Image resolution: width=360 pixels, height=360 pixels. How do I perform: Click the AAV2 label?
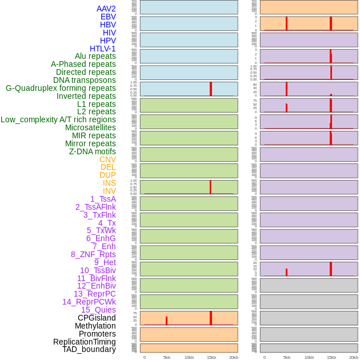(106, 9)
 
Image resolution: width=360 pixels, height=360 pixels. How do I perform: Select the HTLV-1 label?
(103, 49)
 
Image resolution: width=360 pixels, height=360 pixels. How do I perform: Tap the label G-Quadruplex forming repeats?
(61, 88)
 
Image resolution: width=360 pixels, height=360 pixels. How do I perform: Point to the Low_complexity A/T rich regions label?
(58, 119)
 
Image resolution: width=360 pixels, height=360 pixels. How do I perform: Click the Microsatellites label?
(90, 127)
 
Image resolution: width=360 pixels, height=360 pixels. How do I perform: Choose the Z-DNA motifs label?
(93, 151)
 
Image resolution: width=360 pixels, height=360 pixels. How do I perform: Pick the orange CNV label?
(107, 159)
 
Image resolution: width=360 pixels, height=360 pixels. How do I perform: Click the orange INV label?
(109, 191)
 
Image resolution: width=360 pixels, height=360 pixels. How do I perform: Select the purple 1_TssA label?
(103, 199)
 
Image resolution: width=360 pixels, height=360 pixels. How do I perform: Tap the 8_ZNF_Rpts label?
(93, 254)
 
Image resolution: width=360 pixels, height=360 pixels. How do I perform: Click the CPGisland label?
(97, 318)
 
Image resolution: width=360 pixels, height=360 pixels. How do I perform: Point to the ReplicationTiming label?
(85, 342)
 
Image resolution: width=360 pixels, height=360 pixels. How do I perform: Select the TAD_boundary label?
(89, 349)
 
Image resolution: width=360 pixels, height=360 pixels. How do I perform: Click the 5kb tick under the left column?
(167, 357)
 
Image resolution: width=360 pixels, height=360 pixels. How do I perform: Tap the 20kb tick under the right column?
(354, 357)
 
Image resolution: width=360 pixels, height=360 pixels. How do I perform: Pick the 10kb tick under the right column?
(309, 357)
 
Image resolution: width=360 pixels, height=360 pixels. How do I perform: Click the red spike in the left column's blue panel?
(211, 89)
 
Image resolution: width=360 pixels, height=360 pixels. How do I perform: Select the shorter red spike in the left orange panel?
(166, 321)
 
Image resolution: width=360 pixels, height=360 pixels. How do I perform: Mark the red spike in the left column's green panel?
(210, 187)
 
